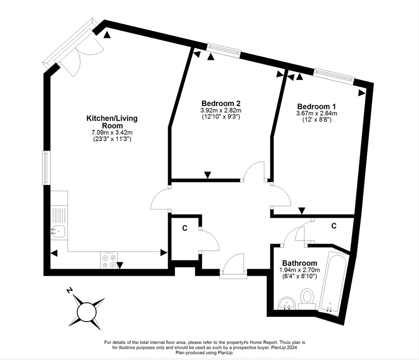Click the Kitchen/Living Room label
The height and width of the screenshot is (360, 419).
pyautogui.click(x=112, y=122)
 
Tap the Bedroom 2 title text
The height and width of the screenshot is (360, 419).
pyautogui.click(x=221, y=103)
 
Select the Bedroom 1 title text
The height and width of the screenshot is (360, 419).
pyautogui.click(x=316, y=106)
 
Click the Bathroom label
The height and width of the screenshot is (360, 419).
pyautogui.click(x=300, y=263)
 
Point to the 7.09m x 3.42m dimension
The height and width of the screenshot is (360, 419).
pyautogui.click(x=112, y=133)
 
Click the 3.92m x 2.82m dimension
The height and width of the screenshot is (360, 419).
pyautogui.click(x=221, y=111)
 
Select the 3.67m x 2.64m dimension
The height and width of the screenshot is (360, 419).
pyautogui.click(x=316, y=113)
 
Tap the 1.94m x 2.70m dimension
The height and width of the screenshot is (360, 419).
pyautogui.click(x=300, y=271)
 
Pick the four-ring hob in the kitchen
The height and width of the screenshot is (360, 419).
pyautogui.click(x=109, y=260)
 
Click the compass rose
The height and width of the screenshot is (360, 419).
pyautogui.click(x=87, y=311)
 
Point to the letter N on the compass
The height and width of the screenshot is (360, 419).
pyautogui.click(x=69, y=291)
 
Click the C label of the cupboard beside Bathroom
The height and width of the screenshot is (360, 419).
pyautogui.click(x=334, y=226)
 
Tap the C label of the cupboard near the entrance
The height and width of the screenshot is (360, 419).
pyautogui.click(x=184, y=228)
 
